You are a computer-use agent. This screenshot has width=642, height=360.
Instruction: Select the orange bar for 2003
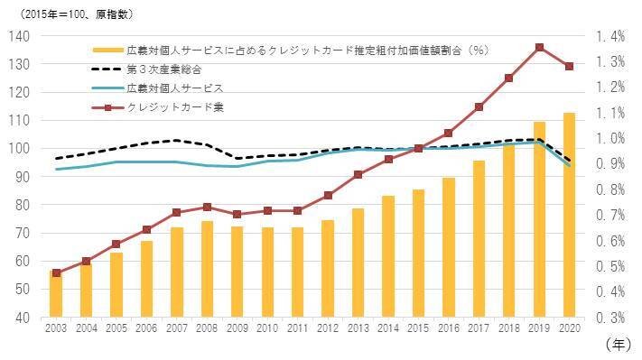pyautogui.click(x=56, y=294)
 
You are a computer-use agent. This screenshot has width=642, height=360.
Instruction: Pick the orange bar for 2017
pyautogui.click(x=479, y=239)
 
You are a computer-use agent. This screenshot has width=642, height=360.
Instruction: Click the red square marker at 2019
pyautogui.click(x=538, y=47)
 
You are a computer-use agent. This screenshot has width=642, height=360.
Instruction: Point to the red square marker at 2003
pyautogui.click(x=56, y=272)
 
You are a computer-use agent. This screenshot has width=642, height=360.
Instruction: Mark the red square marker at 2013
pyautogui.click(x=358, y=174)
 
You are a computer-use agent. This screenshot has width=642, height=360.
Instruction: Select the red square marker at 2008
pyautogui.click(x=207, y=208)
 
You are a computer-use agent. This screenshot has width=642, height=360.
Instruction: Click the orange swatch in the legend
pyautogui.click(x=107, y=51)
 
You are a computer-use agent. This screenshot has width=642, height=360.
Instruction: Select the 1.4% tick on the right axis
pyautogui.click(x=610, y=36)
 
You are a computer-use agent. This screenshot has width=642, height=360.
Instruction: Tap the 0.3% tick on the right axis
pyautogui.click(x=610, y=318)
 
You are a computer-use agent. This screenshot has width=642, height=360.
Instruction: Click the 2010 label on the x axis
pyautogui.click(x=267, y=330)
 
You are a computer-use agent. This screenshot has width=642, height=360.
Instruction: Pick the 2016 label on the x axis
pyautogui.click(x=448, y=330)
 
